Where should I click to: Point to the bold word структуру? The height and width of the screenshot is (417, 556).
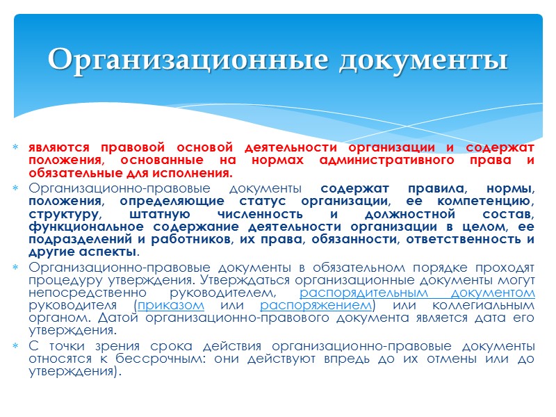coord(64,214)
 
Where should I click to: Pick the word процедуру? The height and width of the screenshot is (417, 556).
coord(63,281)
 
